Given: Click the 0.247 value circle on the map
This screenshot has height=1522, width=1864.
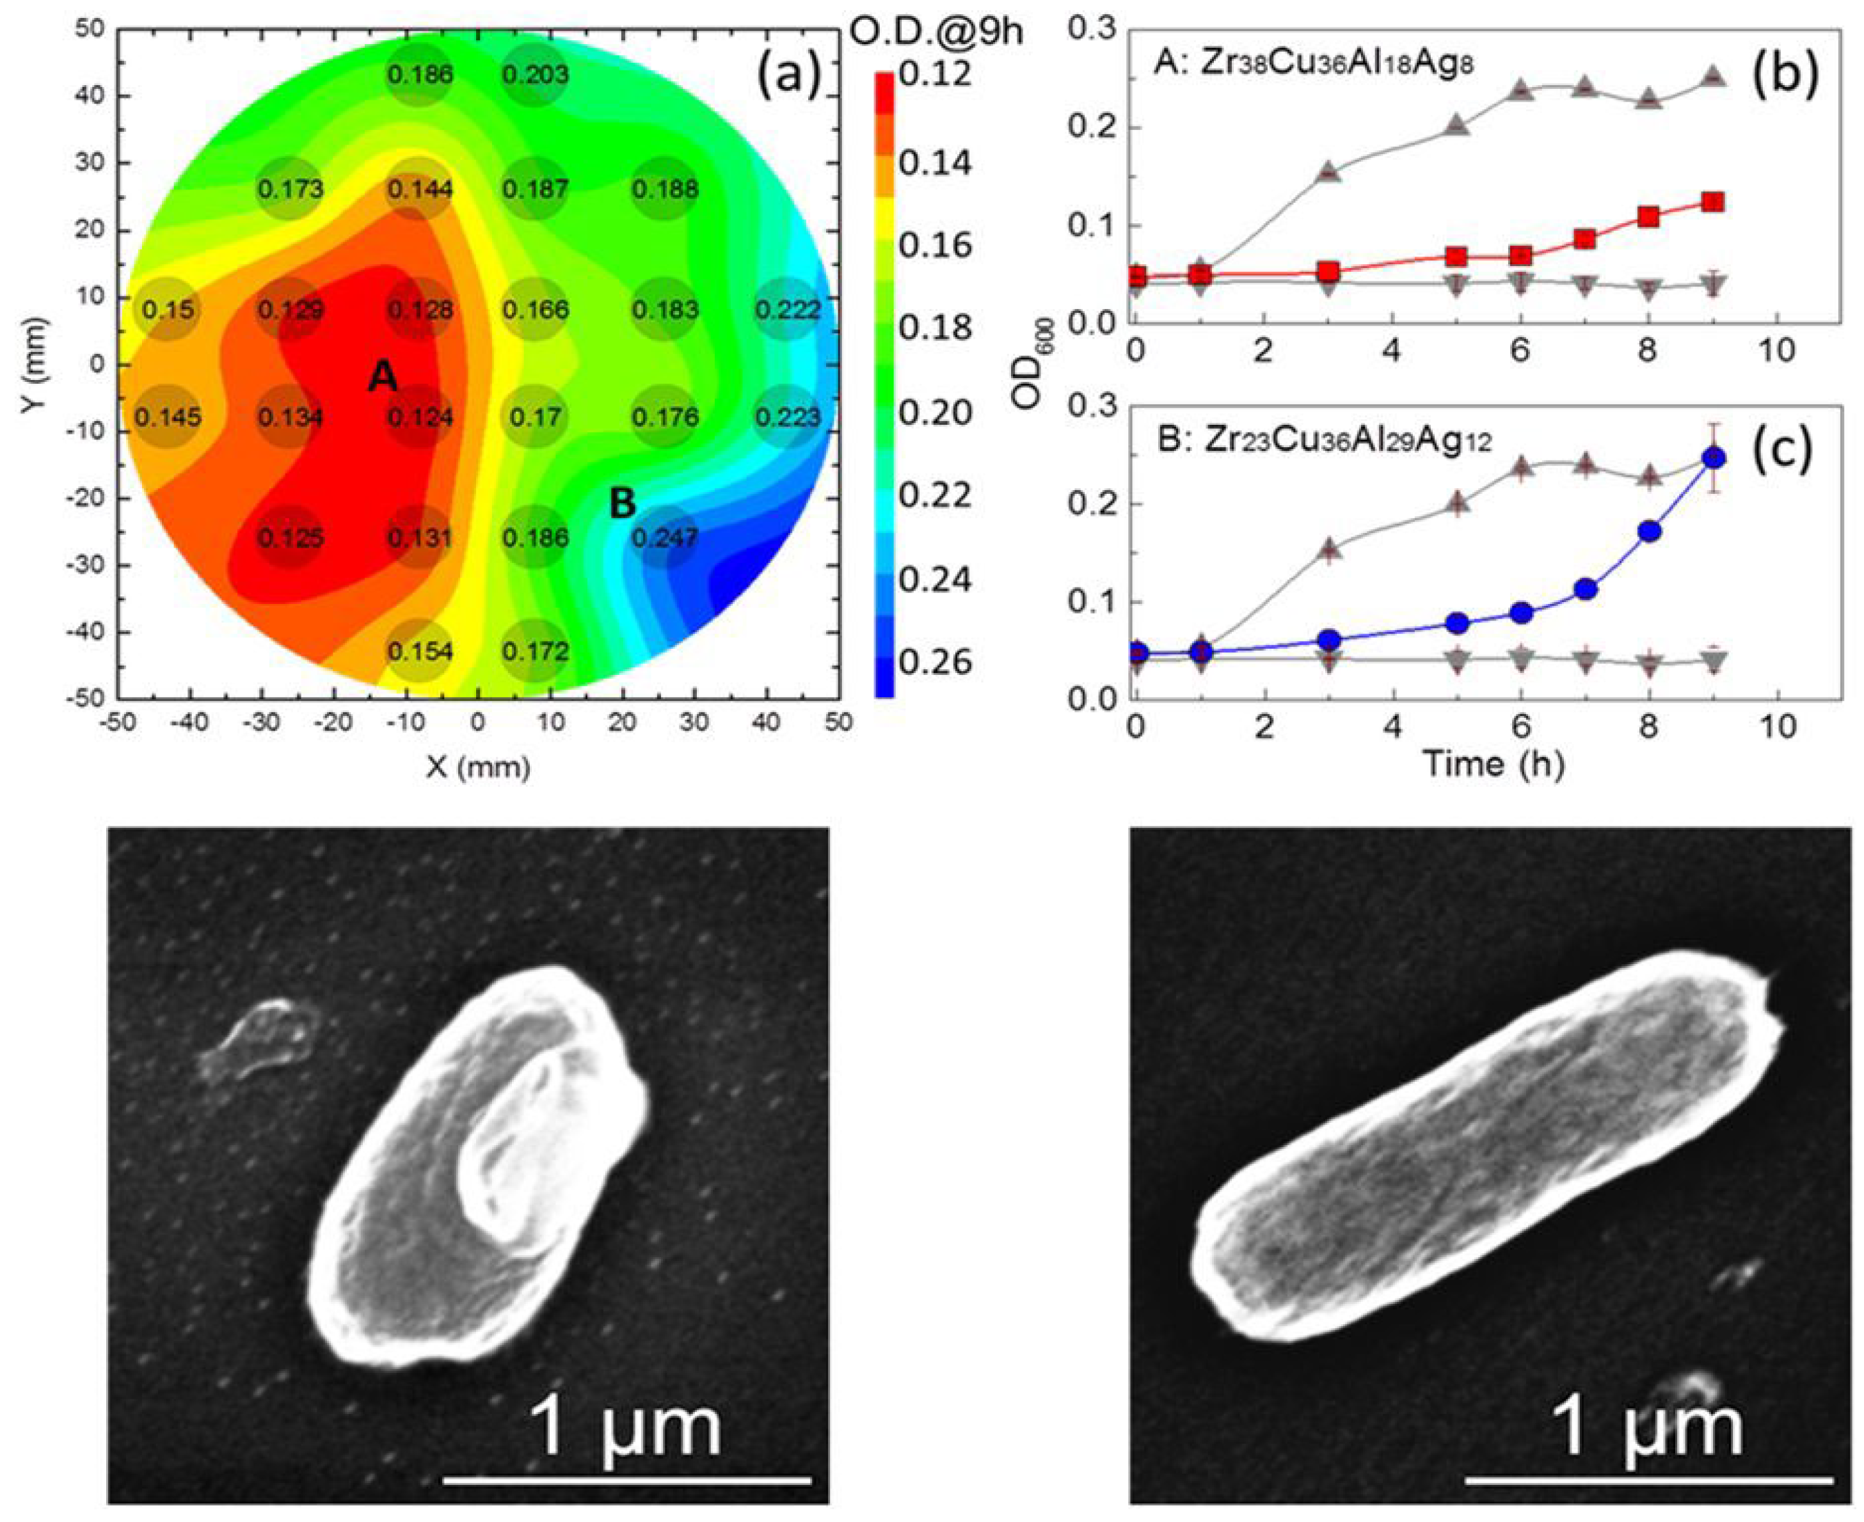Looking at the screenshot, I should (x=665, y=537).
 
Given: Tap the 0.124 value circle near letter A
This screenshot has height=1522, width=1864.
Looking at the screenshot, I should (x=421, y=416).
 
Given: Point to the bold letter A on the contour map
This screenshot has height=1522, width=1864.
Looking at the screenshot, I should (x=382, y=377).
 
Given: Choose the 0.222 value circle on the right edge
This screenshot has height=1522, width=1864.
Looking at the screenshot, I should (x=788, y=310).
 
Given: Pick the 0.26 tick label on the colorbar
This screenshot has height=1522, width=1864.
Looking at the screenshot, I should (x=935, y=662).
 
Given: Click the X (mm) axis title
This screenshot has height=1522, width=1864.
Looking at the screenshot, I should (x=478, y=767).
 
